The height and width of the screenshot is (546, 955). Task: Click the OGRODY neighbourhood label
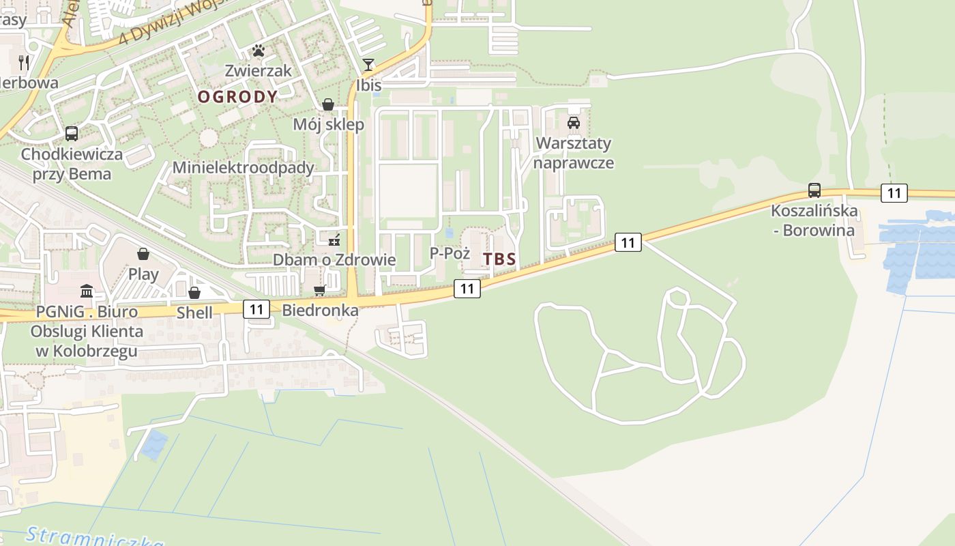tap(237, 97)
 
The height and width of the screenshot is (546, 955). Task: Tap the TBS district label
tap(500, 259)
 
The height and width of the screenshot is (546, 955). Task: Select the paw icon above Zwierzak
tap(259, 51)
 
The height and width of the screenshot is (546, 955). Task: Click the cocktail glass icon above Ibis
tap(368, 65)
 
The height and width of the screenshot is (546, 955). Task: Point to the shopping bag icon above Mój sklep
tap(328, 104)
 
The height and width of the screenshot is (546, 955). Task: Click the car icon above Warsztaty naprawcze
tap(574, 123)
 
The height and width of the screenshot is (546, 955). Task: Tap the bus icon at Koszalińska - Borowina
tap(814, 190)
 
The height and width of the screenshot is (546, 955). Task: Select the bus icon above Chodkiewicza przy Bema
tap(72, 134)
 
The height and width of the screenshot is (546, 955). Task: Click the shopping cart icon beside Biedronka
tap(319, 291)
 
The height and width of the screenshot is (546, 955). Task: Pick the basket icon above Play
tap(143, 255)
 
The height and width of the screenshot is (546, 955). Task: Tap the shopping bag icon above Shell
tap(194, 293)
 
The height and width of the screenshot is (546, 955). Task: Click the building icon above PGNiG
tap(87, 291)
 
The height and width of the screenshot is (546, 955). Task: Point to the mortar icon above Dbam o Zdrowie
tap(334, 240)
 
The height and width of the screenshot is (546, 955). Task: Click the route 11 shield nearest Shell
tap(256, 309)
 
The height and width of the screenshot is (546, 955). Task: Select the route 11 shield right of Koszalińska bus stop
tap(894, 193)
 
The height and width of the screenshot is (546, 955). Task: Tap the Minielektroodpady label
tap(243, 168)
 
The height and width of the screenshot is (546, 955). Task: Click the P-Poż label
tap(450, 253)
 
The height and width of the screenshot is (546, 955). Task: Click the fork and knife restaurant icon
tap(24, 62)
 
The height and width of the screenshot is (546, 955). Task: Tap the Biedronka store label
tap(321, 311)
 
